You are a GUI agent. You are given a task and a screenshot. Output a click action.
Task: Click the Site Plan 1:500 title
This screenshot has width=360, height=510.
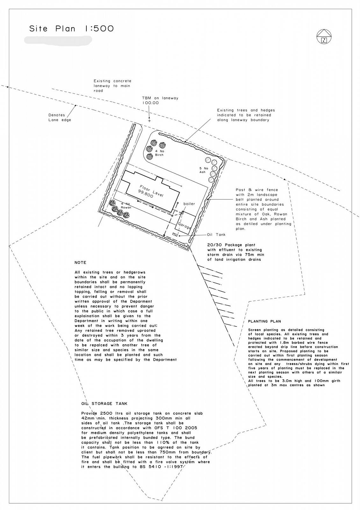pos(71,29)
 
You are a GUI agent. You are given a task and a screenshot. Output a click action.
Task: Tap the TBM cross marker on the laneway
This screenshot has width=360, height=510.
pos(149,121)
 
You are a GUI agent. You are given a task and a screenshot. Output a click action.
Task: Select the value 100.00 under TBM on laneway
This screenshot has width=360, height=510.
pos(151,103)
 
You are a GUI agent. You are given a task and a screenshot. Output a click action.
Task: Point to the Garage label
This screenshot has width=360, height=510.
pos(185,226)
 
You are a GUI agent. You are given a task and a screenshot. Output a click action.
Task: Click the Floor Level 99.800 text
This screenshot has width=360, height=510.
pos(150,191)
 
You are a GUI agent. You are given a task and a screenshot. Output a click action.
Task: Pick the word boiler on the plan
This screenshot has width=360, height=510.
pos(189,204)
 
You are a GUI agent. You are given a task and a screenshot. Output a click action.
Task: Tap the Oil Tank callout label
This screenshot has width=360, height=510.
pos(216,235)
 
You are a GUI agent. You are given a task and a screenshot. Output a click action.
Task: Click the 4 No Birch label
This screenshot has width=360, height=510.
pos(159,153)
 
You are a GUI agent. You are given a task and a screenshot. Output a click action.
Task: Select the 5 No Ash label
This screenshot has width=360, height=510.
pos(203,170)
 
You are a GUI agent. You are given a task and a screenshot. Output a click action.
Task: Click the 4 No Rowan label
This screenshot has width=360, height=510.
pos(126,206)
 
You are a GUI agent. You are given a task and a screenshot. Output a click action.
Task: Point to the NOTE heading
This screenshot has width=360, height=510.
pos(80,263)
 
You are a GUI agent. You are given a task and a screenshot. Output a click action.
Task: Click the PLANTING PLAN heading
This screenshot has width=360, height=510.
pos(264,321)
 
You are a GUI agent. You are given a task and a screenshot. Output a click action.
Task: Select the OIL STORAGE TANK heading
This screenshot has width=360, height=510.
pos(104,404)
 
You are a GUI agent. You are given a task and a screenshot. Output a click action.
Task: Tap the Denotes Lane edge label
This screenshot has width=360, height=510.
pos(60,117)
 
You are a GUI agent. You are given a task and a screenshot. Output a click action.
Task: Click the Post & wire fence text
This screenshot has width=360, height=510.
pos(257,190)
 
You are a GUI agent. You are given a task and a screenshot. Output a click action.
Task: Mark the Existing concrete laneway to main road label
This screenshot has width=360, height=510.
pos(112,86)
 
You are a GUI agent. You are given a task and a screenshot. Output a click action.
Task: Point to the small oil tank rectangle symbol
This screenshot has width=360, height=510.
pos(175,235)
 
